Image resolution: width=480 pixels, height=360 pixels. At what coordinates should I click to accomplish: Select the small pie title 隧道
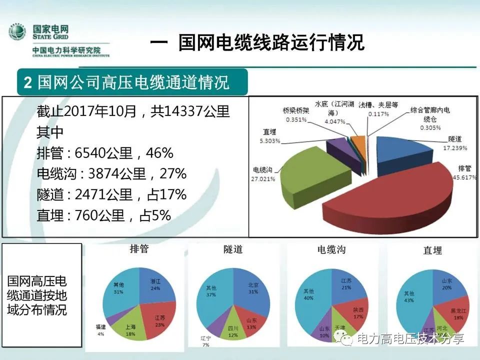coord(233,249)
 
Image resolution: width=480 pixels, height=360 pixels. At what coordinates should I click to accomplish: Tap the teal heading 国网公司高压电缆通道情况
coord(133,82)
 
